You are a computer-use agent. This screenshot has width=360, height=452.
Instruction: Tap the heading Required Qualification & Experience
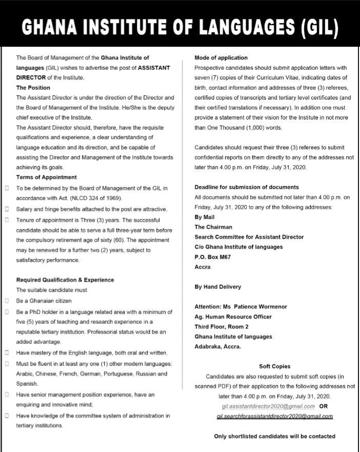click(65, 280)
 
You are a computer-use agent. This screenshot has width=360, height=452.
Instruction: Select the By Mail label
click(205, 217)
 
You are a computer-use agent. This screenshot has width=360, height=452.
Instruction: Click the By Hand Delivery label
click(217, 287)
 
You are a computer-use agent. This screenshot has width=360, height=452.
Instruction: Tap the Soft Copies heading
click(274, 366)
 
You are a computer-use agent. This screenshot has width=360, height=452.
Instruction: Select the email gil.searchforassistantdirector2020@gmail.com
click(275, 416)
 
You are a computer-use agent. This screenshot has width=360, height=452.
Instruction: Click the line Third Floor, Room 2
click(222, 327)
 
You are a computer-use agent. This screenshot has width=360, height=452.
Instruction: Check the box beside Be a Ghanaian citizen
click(7, 301)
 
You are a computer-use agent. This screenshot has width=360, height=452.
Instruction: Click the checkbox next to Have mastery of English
click(7, 353)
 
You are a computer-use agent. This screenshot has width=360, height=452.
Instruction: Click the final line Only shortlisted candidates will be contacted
click(274, 437)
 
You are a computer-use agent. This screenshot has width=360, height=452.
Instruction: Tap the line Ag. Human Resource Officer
click(233, 317)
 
